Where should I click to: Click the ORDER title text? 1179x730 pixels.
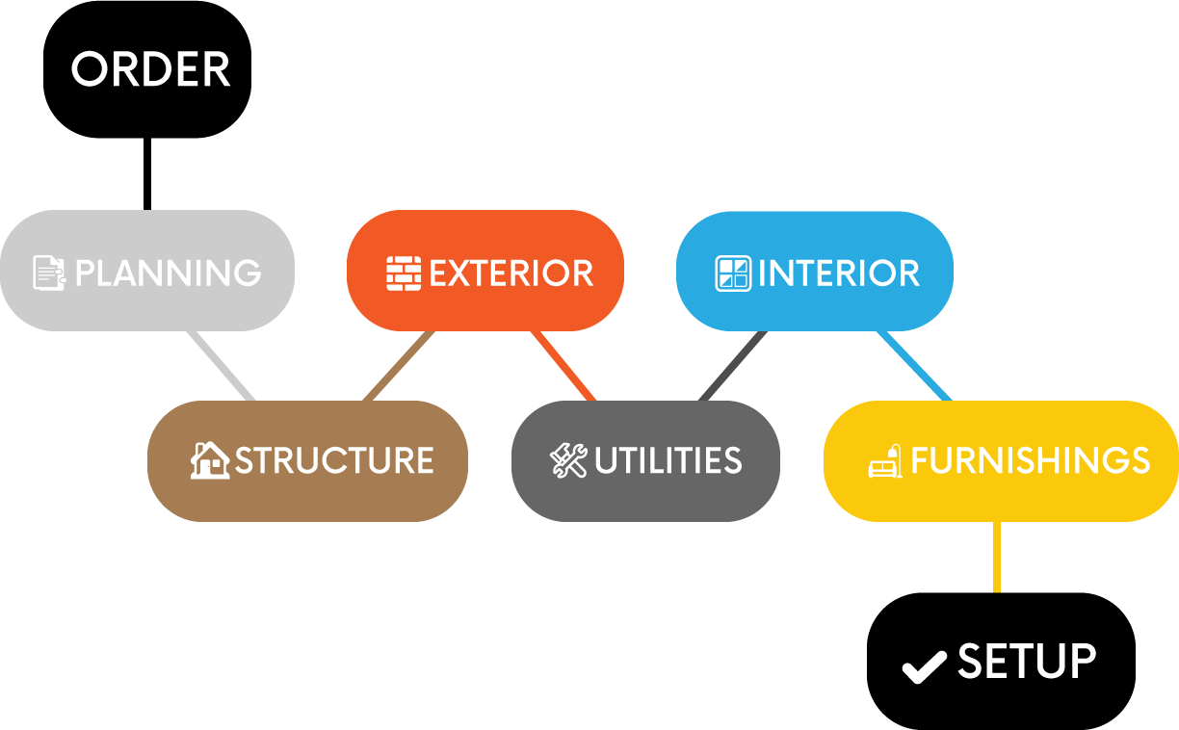(x=151, y=70)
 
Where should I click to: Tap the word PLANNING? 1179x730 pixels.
(x=169, y=274)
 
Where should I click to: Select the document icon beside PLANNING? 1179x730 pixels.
(x=49, y=273)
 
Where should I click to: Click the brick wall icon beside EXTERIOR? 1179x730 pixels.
(x=403, y=274)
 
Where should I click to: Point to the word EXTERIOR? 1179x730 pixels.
(x=511, y=274)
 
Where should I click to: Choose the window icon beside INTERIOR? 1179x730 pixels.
(x=732, y=274)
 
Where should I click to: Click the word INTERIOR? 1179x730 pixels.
(x=839, y=274)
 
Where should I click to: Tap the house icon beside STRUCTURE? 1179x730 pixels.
(x=210, y=460)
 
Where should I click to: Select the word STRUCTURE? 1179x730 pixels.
(x=334, y=460)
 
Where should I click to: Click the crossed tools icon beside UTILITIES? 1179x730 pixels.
(x=568, y=460)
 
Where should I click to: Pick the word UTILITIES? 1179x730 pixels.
(x=668, y=460)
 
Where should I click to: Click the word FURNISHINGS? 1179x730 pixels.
(x=1030, y=460)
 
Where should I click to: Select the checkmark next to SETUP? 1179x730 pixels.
(x=924, y=665)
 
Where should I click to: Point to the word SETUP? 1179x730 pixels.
(x=1027, y=663)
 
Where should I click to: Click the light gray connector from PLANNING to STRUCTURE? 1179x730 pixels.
(x=221, y=366)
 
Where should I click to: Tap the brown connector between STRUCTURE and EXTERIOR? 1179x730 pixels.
(x=399, y=366)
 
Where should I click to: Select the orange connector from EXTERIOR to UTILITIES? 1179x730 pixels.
(x=563, y=366)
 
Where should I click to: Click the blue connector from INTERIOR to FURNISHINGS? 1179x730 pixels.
(x=914, y=366)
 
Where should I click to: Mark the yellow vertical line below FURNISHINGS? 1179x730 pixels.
(x=997, y=557)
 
